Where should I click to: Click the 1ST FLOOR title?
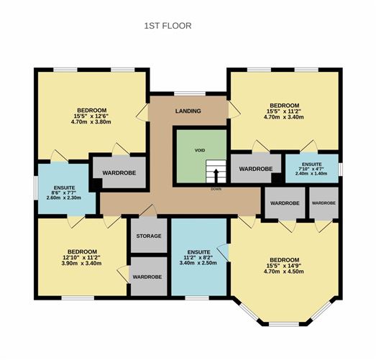point(168,26)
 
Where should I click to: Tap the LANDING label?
point(188,111)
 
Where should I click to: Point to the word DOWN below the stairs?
point(216,189)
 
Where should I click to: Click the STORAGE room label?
point(149,236)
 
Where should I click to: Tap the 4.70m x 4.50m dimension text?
point(284,272)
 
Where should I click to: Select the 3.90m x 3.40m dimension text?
point(81,264)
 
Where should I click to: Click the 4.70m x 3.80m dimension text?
point(91,121)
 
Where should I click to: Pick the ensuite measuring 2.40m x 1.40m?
point(312,167)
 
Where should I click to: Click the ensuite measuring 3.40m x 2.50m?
point(199,257)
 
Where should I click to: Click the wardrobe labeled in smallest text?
point(324,203)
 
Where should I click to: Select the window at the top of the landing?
point(190,93)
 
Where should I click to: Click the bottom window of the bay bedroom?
point(284,324)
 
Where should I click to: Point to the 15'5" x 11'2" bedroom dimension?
point(285,111)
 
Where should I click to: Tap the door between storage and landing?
point(148,211)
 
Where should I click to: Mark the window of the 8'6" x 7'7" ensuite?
point(36,188)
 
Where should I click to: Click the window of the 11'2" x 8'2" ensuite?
point(197,298)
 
